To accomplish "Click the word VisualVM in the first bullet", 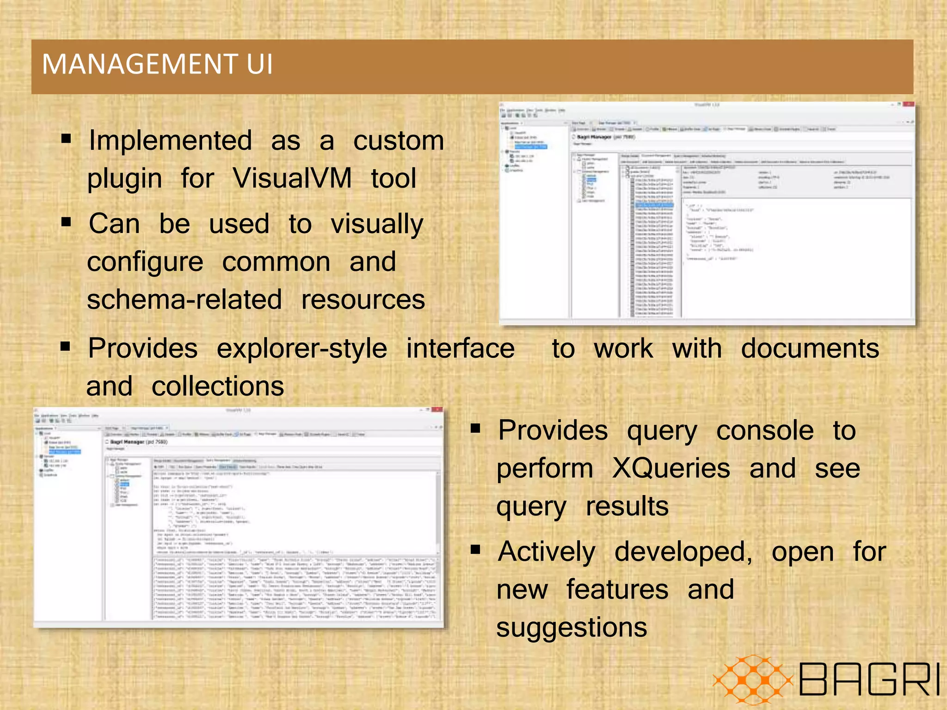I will tap(292, 178).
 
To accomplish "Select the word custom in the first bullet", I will tap(398, 141).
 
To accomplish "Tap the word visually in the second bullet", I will tap(377, 224).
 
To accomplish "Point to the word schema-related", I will tap(184, 300).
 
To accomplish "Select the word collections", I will tap(218, 386).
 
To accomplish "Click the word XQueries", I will tap(671, 468).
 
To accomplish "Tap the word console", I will tap(765, 430).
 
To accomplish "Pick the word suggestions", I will tap(572, 628).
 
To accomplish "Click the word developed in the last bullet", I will tap(683, 552).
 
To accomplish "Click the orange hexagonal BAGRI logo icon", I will tap(753, 679).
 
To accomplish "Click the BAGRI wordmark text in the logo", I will tap(868, 679).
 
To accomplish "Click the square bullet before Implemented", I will tap(66, 138).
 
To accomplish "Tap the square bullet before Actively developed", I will tap(475, 549).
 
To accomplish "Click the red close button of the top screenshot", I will tap(908, 105).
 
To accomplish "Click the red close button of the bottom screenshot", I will tap(437, 410).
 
